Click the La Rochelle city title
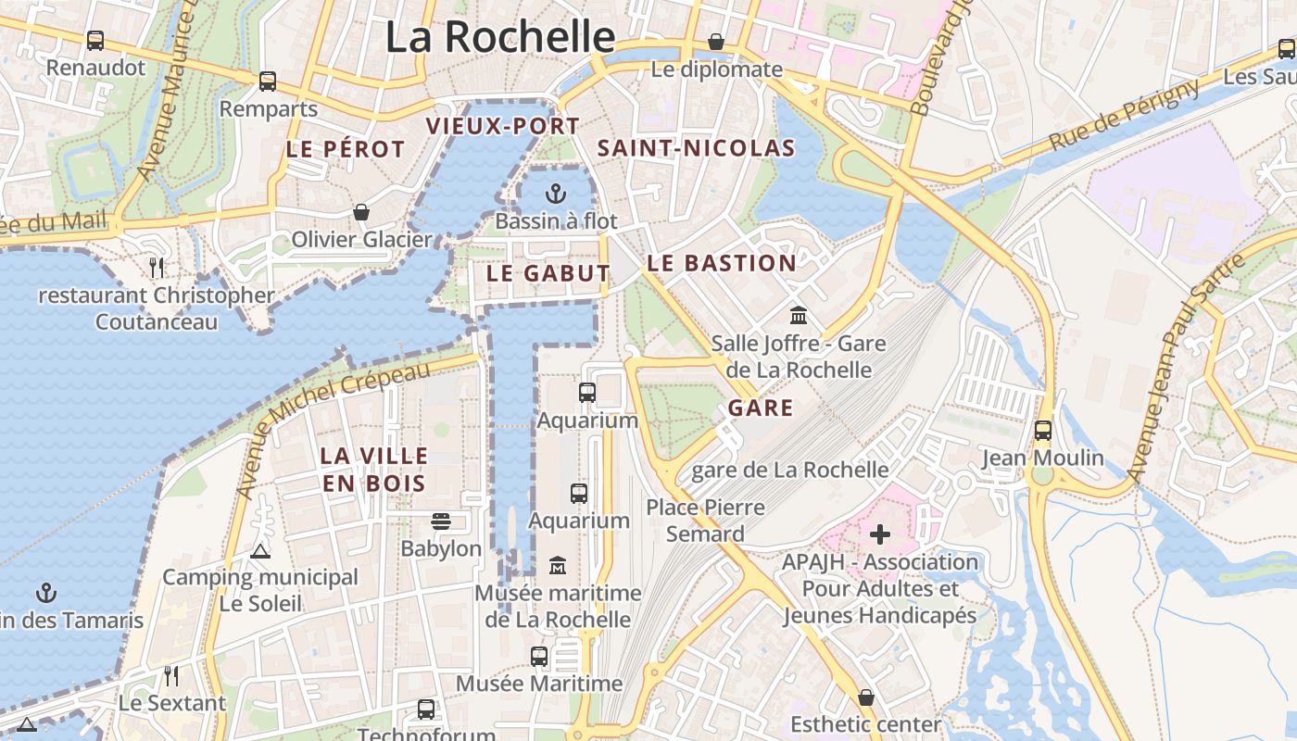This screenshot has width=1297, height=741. pos(500,37)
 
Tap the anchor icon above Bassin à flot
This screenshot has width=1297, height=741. pos(555,194)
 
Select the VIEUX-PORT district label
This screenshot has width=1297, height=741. pos(502,126)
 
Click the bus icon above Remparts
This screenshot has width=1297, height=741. pos(268,82)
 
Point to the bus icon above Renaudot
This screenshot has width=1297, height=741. pos(95,41)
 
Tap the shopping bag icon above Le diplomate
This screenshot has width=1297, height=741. pos(716,42)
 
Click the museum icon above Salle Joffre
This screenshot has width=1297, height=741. pos(799,316)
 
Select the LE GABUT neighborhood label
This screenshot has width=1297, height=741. pos(548,273)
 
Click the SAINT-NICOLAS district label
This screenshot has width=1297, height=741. pos(696,148)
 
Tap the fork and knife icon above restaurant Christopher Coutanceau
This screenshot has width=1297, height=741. pos(157,268)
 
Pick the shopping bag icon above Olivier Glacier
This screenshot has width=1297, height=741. pos(361,212)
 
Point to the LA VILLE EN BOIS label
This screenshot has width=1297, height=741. pos(374,470)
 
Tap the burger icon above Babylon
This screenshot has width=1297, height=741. pos(441,521)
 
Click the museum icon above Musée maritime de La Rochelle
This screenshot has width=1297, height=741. pos(558,565)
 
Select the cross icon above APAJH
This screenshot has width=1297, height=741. pos(880,534)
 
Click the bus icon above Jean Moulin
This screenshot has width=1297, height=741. pos(1043,431)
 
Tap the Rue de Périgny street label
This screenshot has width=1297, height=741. pos(1124,116)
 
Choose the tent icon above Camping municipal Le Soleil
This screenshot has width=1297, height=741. pos(260,552)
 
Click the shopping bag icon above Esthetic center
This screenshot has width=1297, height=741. pos(866,697)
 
